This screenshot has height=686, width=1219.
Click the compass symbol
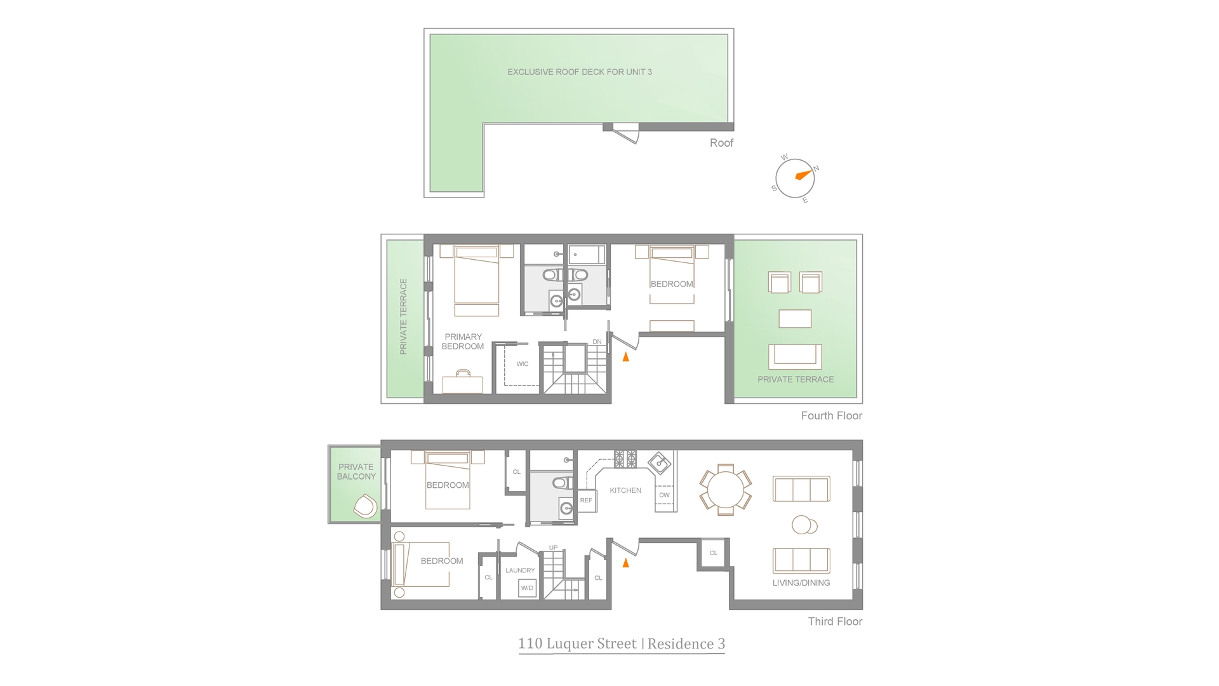[795, 178]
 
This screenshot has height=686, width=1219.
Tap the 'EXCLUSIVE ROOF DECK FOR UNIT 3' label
[580, 72]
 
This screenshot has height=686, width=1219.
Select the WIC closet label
[523, 364]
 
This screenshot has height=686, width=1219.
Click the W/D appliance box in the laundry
[527, 588]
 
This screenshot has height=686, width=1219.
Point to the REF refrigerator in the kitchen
[586, 501]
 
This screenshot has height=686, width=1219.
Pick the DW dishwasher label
[664, 495]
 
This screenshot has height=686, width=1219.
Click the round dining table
[725, 490]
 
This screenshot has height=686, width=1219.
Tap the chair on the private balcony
[365, 507]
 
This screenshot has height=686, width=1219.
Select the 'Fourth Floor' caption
[831, 416]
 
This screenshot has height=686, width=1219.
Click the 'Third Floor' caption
[835, 622]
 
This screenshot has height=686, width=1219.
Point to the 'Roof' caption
[721, 143]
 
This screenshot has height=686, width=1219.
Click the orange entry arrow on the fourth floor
[626, 357]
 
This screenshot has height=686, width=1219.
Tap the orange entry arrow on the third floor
[626, 562]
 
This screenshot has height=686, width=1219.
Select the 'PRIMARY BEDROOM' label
[463, 342]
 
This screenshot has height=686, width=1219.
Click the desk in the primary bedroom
[462, 383]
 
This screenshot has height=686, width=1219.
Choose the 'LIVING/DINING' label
[801, 582]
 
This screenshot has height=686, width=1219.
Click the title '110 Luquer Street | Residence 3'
[622, 644]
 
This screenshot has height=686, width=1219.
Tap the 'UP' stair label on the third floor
[554, 548]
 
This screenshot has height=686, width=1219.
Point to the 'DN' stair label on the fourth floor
[597, 342]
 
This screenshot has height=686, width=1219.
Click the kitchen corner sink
[660, 462]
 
